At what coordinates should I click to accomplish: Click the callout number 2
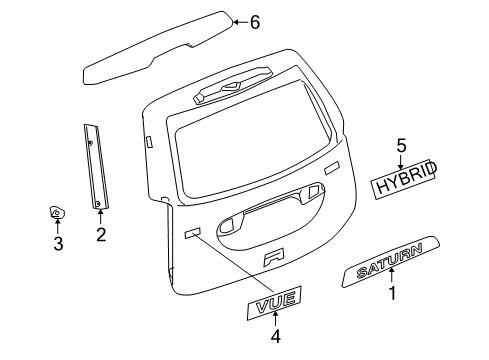pyautogui.click(x=100, y=235)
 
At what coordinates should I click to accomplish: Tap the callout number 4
pyautogui.click(x=275, y=336)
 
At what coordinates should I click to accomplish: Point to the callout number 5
pyautogui.click(x=401, y=145)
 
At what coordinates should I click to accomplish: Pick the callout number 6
pyautogui.click(x=255, y=22)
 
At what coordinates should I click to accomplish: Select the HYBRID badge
pyautogui.click(x=405, y=181)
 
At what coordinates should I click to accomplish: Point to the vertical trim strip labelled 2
pyautogui.click(x=94, y=165)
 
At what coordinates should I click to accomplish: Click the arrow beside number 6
pyautogui.click(x=238, y=21)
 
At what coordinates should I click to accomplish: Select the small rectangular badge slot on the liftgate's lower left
pyautogui.click(x=192, y=235)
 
